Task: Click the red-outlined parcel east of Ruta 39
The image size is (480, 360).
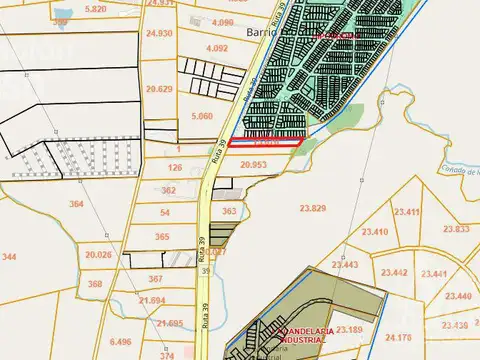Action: (x=265, y=143)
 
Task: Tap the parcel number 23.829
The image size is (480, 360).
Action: (x=313, y=207)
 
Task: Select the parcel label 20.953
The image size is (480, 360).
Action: (x=254, y=164)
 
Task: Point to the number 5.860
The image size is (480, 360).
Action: (x=200, y=116)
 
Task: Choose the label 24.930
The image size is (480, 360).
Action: (x=159, y=33)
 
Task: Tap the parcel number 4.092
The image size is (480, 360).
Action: (x=216, y=47)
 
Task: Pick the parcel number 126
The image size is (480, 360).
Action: (x=175, y=167)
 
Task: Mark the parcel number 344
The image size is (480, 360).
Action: (x=9, y=257)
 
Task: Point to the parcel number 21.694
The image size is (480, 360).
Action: (x=153, y=300)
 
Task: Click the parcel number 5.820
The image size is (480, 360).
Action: (x=96, y=8)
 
